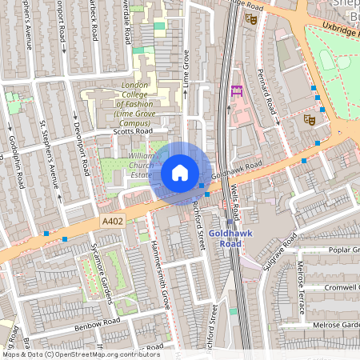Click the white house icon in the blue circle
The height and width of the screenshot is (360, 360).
tap(180, 172)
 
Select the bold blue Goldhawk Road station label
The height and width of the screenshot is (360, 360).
tap(230, 238)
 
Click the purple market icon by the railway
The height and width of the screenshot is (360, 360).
tap(236, 91)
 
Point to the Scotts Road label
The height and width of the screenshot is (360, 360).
tap(132, 133)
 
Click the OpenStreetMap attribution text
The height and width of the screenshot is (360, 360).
tap(80, 354)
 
